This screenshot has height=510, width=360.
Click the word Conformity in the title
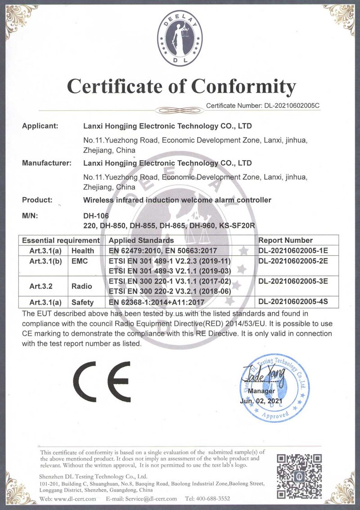243,86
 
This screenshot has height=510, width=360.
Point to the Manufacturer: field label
47,163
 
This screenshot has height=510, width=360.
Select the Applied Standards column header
141,240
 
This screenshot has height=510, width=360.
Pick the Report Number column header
286,240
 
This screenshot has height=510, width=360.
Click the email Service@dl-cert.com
148,499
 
